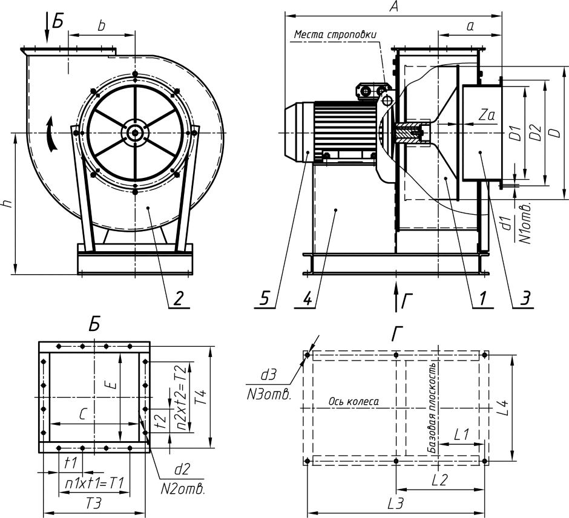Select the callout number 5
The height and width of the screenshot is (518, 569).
click(x=265, y=298)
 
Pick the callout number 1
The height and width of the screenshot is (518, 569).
click(x=482, y=298)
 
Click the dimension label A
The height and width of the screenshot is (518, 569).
click(x=394, y=7)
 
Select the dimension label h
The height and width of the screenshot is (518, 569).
click(x=7, y=204)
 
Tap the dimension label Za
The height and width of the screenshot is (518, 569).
click(x=485, y=114)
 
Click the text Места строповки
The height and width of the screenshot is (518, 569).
click(x=335, y=34)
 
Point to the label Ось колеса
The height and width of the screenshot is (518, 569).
click(x=354, y=401)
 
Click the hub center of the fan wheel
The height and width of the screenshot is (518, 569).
click(x=134, y=132)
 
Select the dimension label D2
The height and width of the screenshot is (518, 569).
click(x=535, y=133)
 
